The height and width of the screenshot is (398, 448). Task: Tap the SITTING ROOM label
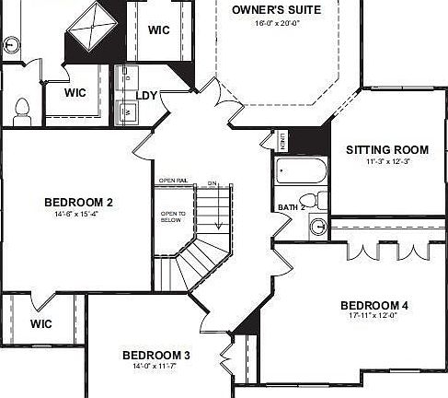pyautogui.click(x=387, y=149)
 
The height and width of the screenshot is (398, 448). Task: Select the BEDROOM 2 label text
pyautogui.click(x=78, y=202)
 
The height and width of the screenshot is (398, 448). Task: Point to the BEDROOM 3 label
pyautogui.click(x=155, y=355)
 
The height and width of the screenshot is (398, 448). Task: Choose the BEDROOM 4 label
pyautogui.click(x=373, y=305)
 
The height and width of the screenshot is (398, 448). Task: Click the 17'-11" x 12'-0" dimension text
pyautogui.click(x=373, y=316)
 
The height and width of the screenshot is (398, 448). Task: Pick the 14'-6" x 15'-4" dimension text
pyautogui.click(x=78, y=214)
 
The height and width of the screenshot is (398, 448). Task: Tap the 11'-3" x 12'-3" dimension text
pyautogui.click(x=387, y=161)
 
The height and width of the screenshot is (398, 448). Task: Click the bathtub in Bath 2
pyautogui.click(x=300, y=172)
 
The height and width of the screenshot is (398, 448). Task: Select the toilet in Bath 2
pyautogui.click(x=309, y=200)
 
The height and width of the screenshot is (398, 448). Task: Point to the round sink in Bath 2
pyautogui.click(x=317, y=225)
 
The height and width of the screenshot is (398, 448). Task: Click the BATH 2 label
pyautogui.click(x=291, y=208)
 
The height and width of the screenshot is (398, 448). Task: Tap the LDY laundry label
pyautogui.click(x=146, y=95)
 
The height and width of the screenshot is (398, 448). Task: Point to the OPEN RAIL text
pyautogui.click(x=173, y=181)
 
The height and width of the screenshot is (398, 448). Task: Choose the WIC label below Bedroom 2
pyautogui.click(x=40, y=323)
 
